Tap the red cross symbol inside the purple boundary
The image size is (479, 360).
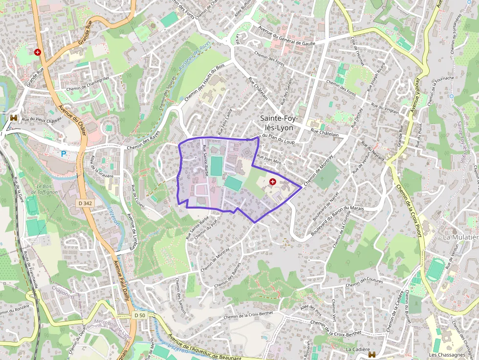(x=273, y=181)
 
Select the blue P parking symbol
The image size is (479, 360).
(x=63, y=153)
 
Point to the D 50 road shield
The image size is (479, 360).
(x=140, y=316)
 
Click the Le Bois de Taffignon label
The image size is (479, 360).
(x=47, y=190)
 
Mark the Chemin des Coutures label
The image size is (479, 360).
(x=364, y=282)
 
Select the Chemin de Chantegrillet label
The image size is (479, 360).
(x=88, y=84)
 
